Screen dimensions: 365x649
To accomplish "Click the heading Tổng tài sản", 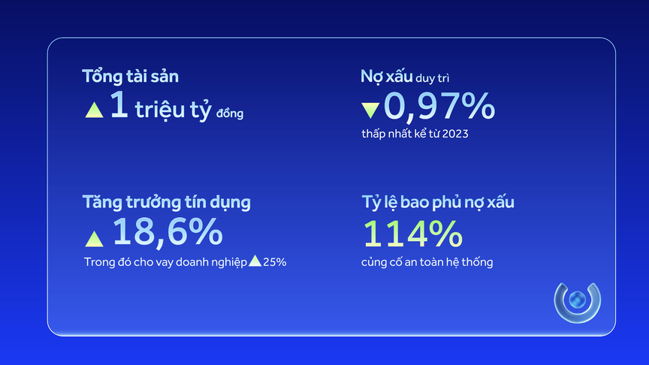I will [x=131, y=76].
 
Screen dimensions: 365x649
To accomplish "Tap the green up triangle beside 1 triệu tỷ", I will [x=94, y=110].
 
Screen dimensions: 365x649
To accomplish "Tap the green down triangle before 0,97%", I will [x=370, y=110].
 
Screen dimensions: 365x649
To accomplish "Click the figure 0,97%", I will [x=439, y=107].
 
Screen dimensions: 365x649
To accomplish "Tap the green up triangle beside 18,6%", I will [x=94, y=239].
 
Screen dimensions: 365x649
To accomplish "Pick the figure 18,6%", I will [x=167, y=234].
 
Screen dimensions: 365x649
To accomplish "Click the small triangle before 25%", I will [x=255, y=261].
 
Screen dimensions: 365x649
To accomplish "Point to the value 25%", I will [x=274, y=262].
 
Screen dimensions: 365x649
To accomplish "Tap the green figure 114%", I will [x=412, y=234].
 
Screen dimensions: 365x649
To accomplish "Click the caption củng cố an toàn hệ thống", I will [x=427, y=262].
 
